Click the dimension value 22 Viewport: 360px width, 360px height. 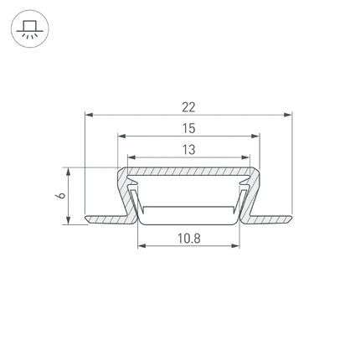tap(188, 107)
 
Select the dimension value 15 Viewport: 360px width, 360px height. tap(189, 129)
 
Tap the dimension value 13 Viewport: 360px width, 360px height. tap(189, 150)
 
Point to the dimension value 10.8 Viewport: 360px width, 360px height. tap(189, 239)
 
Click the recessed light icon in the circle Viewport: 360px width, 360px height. tap(30, 28)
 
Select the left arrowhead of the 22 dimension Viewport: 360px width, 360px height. tap(89, 115)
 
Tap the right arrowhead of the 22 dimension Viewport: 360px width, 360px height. tap(288, 115)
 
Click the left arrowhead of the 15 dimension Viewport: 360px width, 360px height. tap(121, 136)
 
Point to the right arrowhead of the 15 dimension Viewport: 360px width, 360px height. tap(255, 136)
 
